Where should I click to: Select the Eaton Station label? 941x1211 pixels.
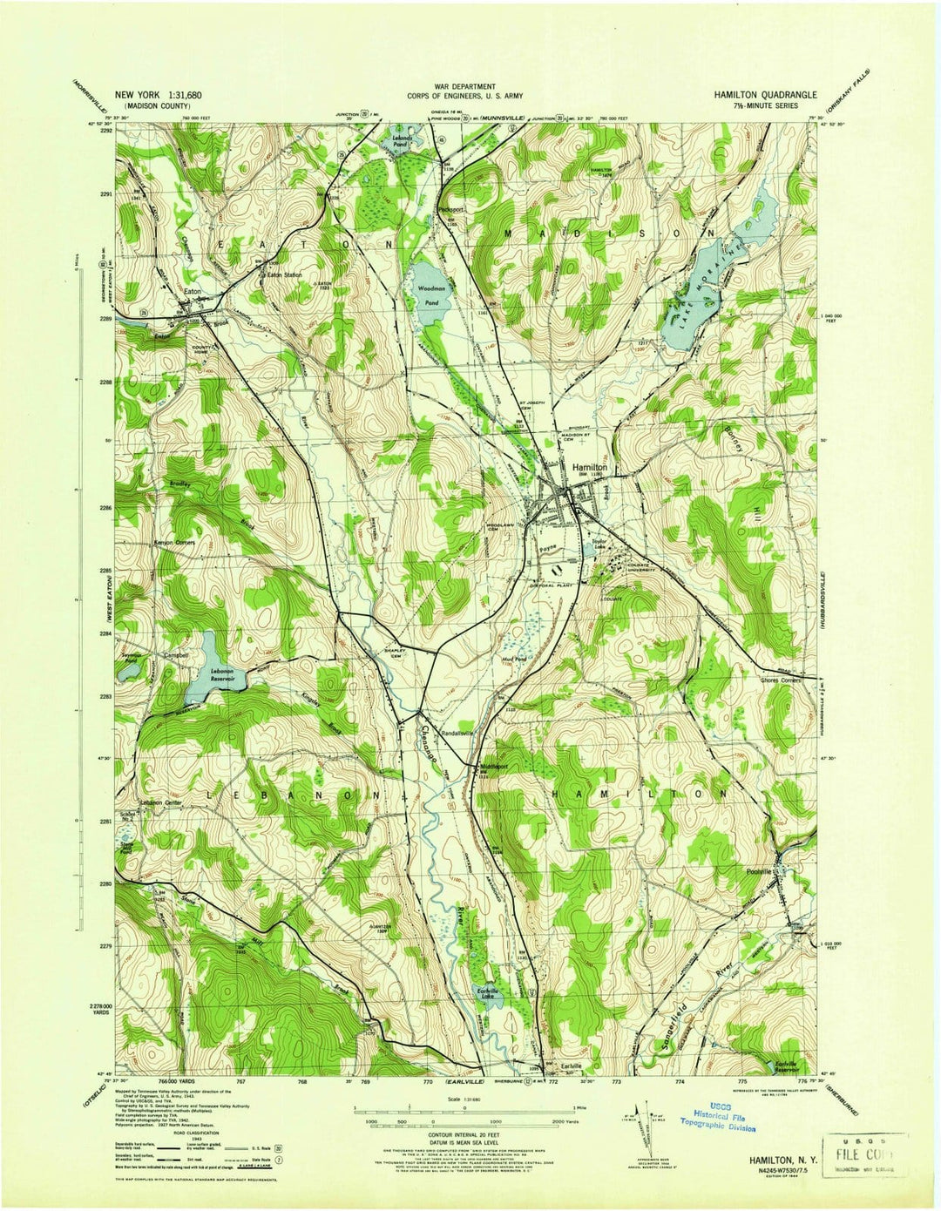click(x=284, y=274)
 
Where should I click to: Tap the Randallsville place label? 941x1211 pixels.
click(x=457, y=734)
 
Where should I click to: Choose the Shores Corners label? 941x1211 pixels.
click(x=780, y=680)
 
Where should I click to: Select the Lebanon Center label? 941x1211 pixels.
click(x=161, y=802)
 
